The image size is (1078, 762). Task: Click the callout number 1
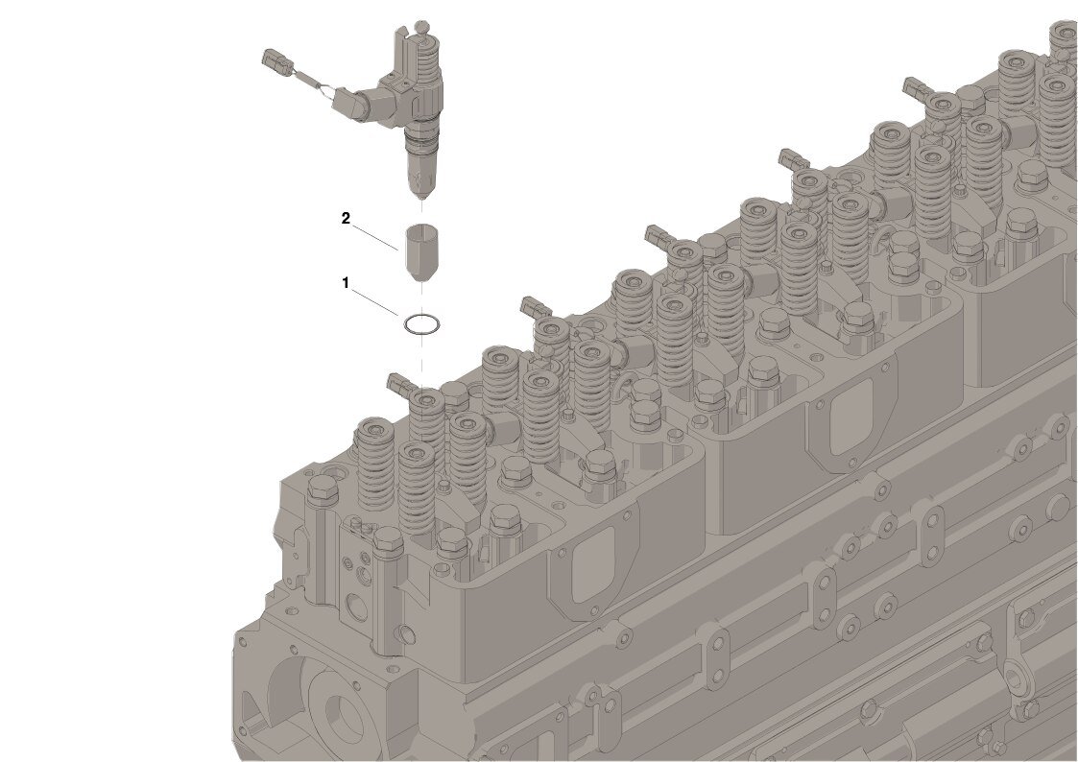click(346, 282)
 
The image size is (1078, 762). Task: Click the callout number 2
click(346, 218)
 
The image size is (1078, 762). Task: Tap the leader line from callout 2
click(375, 236)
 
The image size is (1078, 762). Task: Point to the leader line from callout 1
click(376, 301)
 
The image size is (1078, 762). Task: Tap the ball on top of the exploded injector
click(422, 27)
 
